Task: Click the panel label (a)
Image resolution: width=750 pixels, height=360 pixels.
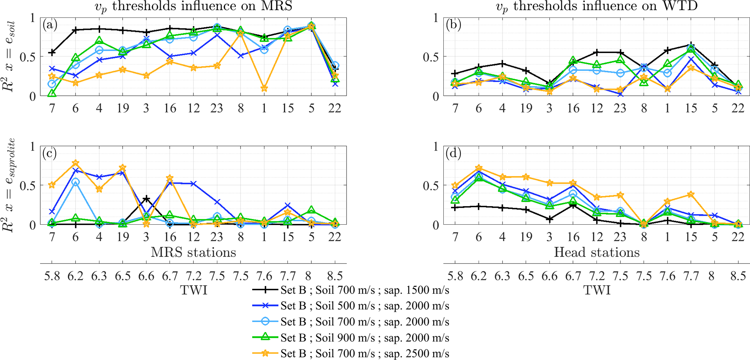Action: [x=50, y=25]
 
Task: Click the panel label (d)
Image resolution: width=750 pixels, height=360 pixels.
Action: [x=453, y=154]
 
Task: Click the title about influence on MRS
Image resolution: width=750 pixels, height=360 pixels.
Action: [x=193, y=6]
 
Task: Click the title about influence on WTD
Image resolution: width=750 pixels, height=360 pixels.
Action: [x=597, y=6]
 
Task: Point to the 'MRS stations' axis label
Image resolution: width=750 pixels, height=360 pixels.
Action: [x=193, y=252]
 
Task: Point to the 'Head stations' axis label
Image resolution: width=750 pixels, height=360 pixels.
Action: [x=597, y=252]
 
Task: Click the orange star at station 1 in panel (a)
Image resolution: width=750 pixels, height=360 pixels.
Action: [x=264, y=89]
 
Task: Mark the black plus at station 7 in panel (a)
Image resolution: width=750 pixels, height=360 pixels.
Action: [x=52, y=53]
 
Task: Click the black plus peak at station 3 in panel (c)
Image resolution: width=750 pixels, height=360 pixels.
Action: [x=146, y=199]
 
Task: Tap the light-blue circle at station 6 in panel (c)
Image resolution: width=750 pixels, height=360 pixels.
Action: [x=75, y=182]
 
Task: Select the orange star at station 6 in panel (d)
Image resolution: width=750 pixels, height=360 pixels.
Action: [x=479, y=168]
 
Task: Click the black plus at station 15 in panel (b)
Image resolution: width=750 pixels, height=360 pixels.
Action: [x=691, y=45]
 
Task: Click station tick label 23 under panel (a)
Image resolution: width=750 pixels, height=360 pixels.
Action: [x=217, y=108]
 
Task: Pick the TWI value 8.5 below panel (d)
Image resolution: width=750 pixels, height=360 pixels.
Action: [x=738, y=276]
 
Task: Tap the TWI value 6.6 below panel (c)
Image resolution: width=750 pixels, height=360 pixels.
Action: [x=146, y=276]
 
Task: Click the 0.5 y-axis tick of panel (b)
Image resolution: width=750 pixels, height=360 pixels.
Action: [x=431, y=57]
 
